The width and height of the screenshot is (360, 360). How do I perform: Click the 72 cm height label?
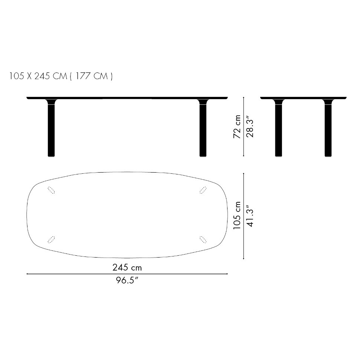(x=237, y=127)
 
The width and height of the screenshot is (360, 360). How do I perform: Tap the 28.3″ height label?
(x=250, y=127)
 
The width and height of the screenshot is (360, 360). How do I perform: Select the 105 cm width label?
(x=237, y=216)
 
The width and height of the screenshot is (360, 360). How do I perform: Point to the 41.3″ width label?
(x=250, y=216)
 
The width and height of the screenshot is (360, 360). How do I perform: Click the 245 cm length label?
(x=127, y=267)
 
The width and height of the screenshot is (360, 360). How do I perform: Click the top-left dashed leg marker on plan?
(x=51, y=190)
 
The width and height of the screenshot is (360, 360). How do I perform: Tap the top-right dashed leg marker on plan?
(x=203, y=190)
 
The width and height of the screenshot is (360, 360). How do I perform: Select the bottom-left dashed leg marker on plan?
(x=51, y=239)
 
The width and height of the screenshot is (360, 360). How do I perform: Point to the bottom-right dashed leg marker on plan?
(x=203, y=239)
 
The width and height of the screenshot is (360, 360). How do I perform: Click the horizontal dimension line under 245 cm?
(x=127, y=274)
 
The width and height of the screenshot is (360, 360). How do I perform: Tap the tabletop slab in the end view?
(x=303, y=98)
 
